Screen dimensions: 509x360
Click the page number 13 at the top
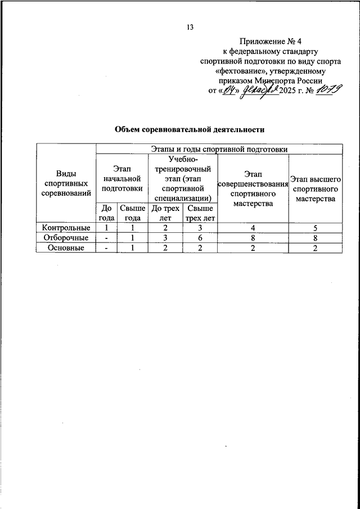(191, 28)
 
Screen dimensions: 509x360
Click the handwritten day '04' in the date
(228, 91)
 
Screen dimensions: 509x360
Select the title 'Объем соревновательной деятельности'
(190, 129)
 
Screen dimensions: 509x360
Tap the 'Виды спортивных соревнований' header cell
(66, 183)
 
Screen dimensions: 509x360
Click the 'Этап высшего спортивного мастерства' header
(316, 188)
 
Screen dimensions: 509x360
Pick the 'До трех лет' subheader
(165, 213)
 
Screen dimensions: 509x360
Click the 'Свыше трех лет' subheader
(200, 213)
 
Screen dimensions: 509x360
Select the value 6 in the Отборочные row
(200, 238)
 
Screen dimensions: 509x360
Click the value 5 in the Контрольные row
(316, 228)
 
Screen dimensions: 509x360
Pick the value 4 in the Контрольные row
(252, 228)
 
